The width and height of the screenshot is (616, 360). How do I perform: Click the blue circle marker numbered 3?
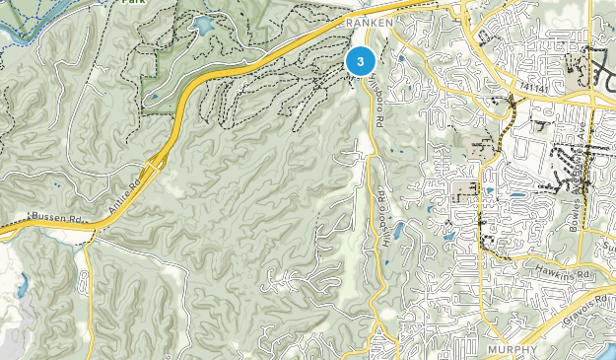tap(361, 62)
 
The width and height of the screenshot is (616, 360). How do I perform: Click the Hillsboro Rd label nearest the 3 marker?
tap(377, 107)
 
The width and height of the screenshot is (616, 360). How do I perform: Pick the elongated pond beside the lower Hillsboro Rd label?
tap(397, 231)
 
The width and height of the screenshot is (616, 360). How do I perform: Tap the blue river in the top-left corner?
tap(25, 20)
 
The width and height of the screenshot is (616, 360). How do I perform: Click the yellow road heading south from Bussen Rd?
tap(88, 296)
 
